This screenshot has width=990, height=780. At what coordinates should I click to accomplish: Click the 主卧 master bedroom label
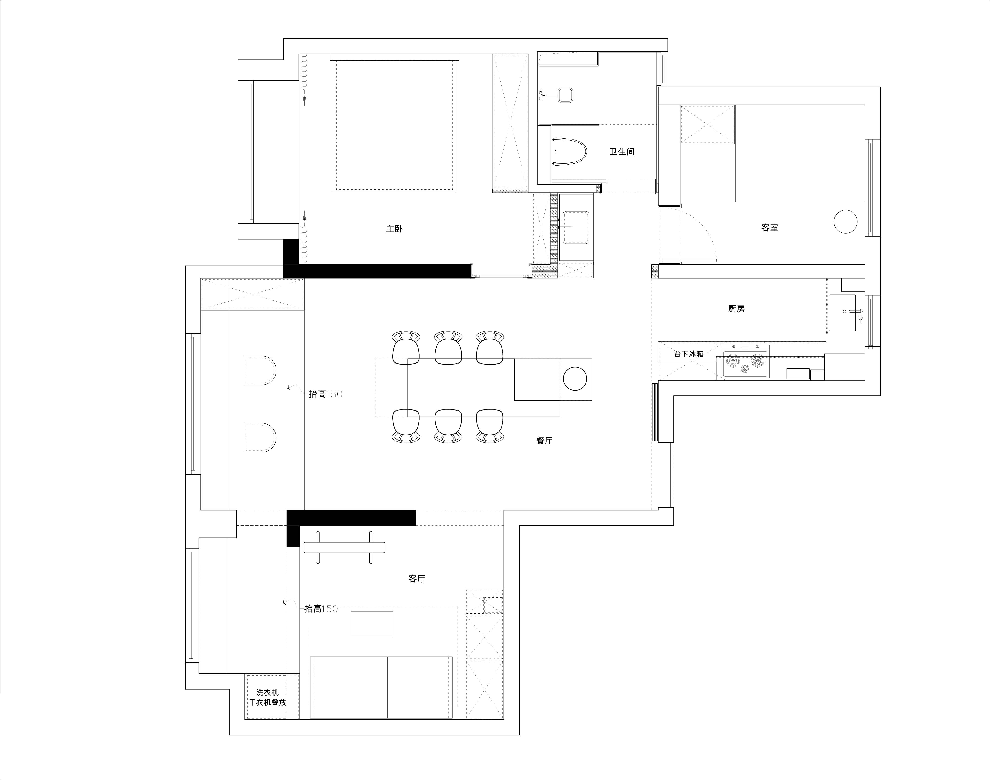click(x=394, y=228)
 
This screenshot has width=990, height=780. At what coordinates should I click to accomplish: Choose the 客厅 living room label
click(x=416, y=579)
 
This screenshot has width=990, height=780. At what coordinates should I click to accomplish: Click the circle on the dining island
click(x=575, y=379)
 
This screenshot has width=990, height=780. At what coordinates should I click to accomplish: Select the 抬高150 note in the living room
click(x=321, y=609)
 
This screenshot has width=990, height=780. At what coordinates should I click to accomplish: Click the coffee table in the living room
click(x=372, y=624)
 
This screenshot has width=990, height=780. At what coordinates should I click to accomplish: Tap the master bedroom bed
click(x=395, y=123)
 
